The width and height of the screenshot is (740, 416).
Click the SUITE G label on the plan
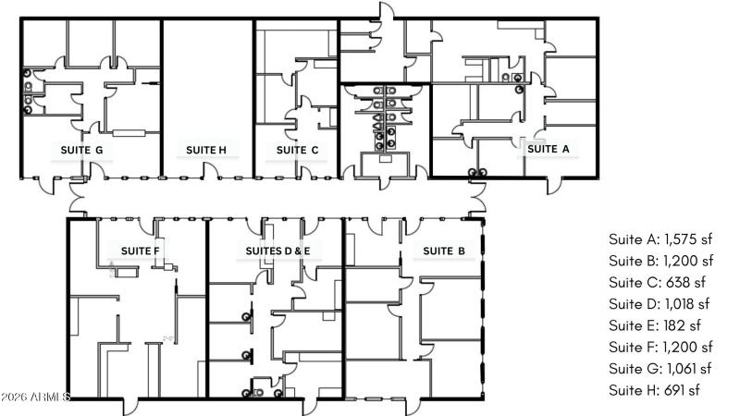(x=80, y=150)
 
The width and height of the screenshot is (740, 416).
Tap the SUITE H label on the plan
(x=206, y=150)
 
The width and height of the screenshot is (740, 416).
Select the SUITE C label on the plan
(x=298, y=150)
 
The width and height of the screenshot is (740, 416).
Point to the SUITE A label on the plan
(x=549, y=148)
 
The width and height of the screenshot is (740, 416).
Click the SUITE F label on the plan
(x=141, y=251)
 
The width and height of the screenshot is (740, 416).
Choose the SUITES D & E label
(x=277, y=251)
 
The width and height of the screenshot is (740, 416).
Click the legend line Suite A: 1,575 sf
(x=660, y=239)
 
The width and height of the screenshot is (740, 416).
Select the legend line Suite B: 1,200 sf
(x=660, y=261)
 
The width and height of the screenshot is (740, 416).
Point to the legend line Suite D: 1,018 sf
(x=659, y=303)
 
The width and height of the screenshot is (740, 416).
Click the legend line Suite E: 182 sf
(x=655, y=324)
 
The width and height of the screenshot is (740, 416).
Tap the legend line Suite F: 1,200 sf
(x=660, y=347)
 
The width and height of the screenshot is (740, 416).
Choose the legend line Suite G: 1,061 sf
(x=660, y=368)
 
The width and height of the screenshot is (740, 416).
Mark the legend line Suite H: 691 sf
(x=654, y=389)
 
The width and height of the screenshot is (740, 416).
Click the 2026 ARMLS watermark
(x=36, y=397)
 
